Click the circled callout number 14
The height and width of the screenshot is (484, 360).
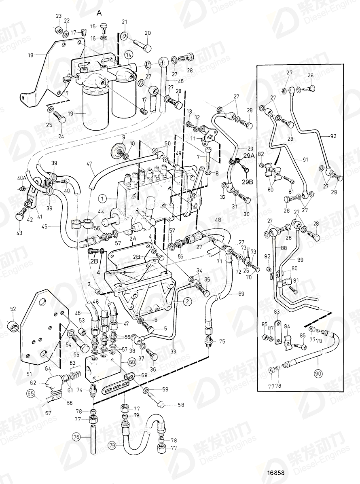pyautogui.click(x=128, y=54)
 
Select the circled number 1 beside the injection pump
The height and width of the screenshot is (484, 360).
pyautogui.click(x=103, y=199)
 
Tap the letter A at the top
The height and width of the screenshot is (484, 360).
pyautogui.click(x=99, y=13)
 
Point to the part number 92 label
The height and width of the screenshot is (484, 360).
pyautogui.click(x=333, y=136)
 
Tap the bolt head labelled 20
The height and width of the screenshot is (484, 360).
pyautogui.click(x=146, y=47)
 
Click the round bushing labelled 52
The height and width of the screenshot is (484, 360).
pyautogui.click(x=14, y=325)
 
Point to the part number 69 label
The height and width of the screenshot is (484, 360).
pyautogui.click(x=241, y=294)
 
